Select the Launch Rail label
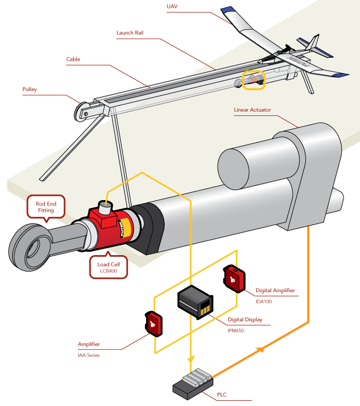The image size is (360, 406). (x=130, y=33)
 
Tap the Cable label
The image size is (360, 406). (x=73, y=59)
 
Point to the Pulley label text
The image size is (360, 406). (x=29, y=89)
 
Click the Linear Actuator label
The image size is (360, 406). (x=252, y=110)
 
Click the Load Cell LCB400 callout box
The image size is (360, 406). (x=107, y=267)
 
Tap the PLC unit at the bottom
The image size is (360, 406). (x=193, y=383)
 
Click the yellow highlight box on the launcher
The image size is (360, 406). (x=253, y=79)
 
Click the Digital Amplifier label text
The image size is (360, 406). (x=275, y=291)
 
